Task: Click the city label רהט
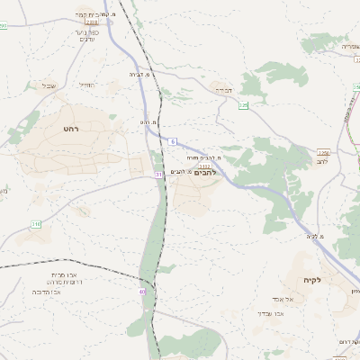pyautogui.click(x=72, y=130)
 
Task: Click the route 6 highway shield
pyautogui.click(x=172, y=141)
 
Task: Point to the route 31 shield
pyautogui.click(x=158, y=174)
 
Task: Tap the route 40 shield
pyautogui.click(x=142, y=292)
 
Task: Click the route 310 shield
pyautogui.click(x=36, y=223)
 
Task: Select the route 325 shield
pyautogui.click(x=243, y=105)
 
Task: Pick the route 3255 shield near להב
pyautogui.click(x=322, y=153)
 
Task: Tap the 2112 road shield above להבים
pyautogui.click(x=205, y=165)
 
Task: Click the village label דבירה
pyautogui.click(x=220, y=90)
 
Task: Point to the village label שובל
pyautogui.click(x=49, y=86)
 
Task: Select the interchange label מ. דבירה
pyautogui.click(x=137, y=75)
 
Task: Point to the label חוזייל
pyautogui.click(x=86, y=85)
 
